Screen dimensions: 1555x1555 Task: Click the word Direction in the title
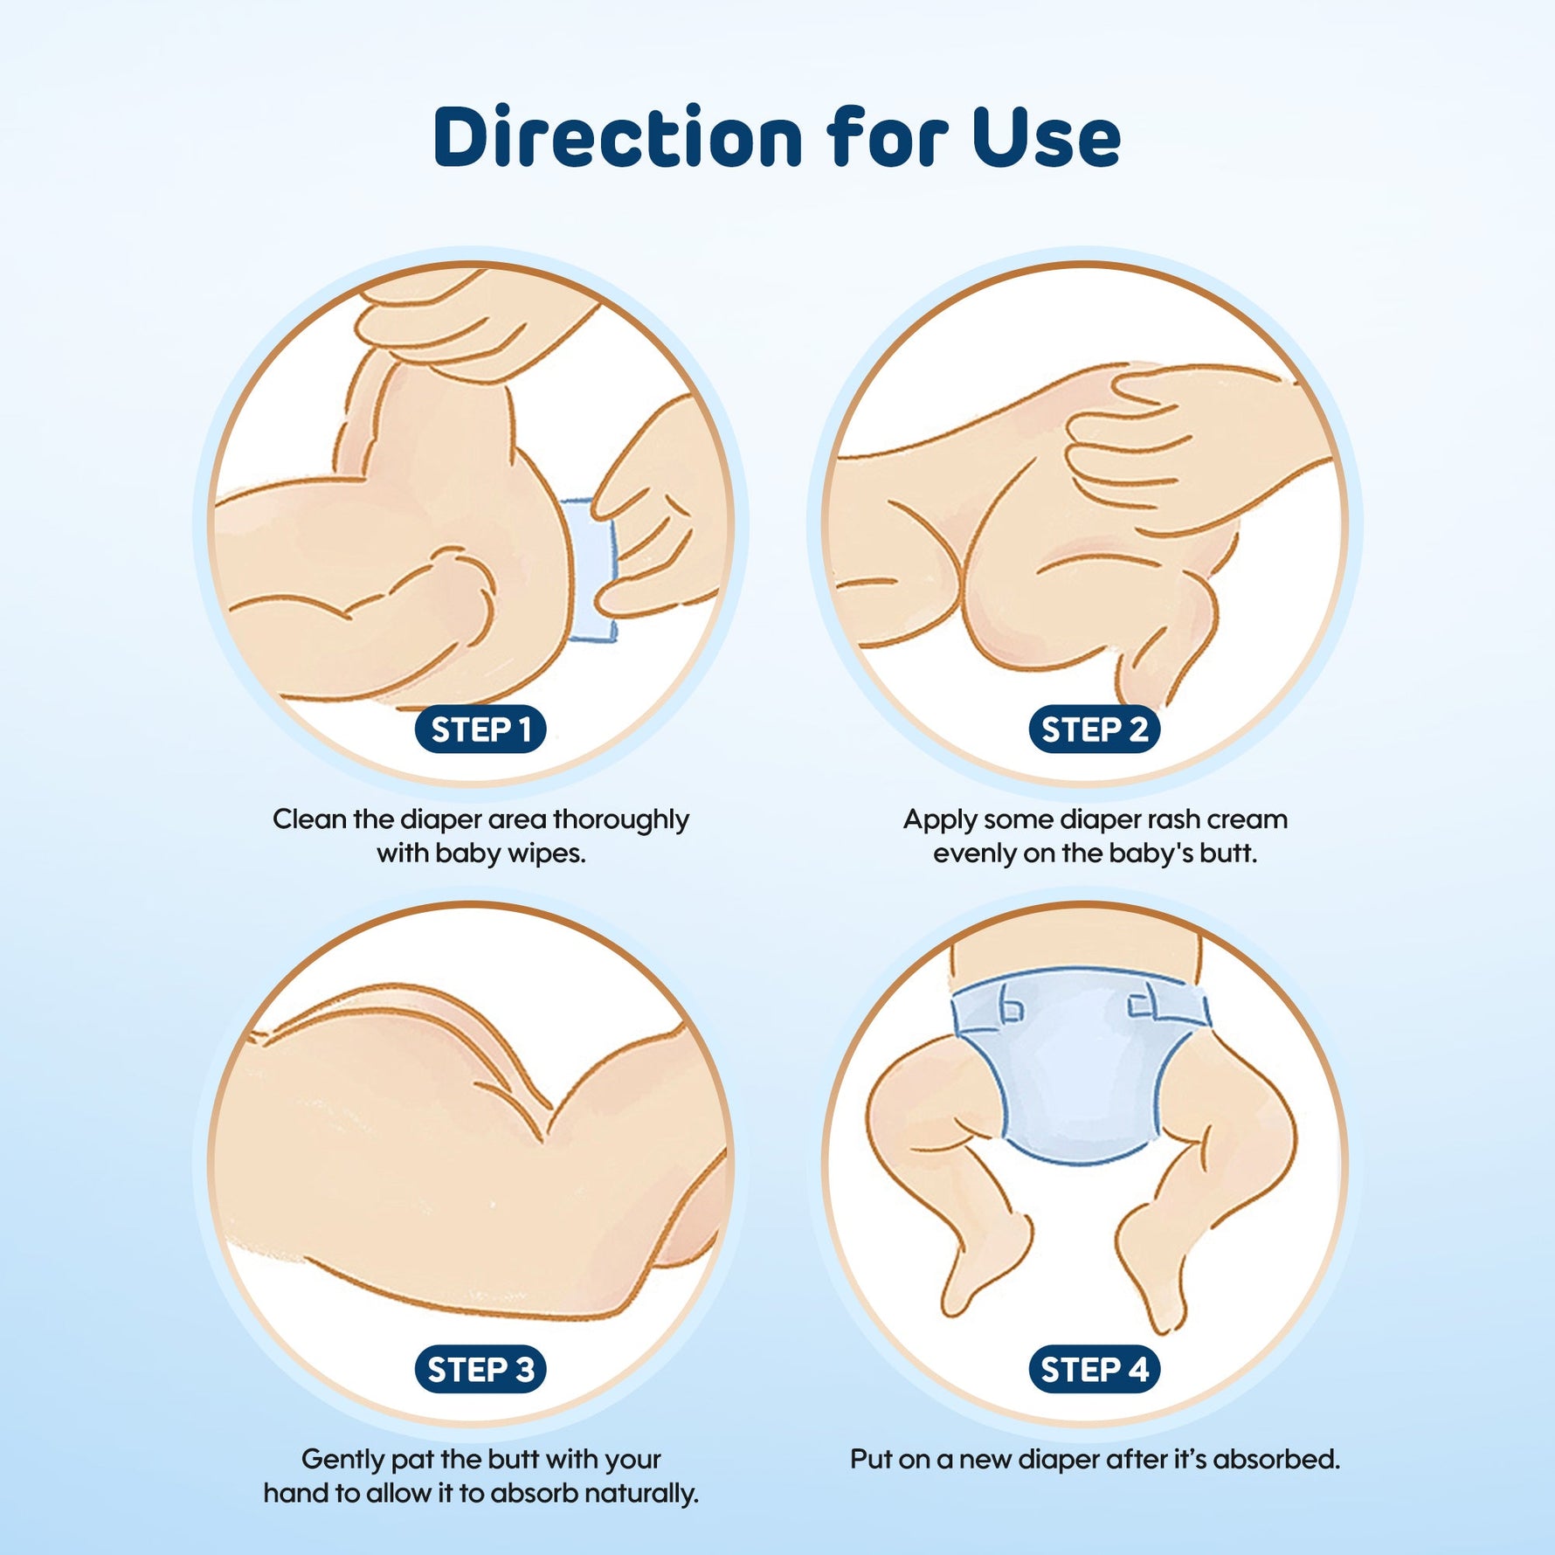click(x=618, y=136)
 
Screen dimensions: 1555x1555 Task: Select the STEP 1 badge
click(x=480, y=729)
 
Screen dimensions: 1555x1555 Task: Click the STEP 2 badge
click(x=1095, y=729)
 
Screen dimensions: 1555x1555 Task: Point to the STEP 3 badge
click(x=480, y=1369)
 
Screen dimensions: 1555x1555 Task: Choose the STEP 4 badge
click(x=1095, y=1369)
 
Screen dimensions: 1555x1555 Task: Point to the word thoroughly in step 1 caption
click(x=621, y=820)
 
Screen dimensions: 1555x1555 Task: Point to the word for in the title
click(x=888, y=136)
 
